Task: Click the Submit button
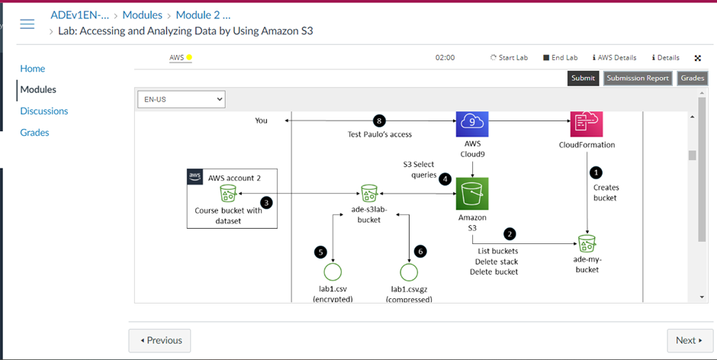(583, 78)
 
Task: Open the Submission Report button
(637, 78)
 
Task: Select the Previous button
(159, 340)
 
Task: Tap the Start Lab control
(509, 57)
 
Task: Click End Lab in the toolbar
(560, 57)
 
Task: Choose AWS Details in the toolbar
(614, 57)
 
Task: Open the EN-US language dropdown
(182, 99)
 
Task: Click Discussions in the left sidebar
(43, 111)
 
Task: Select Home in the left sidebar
(32, 68)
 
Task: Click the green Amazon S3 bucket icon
(472, 193)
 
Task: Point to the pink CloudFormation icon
(586, 122)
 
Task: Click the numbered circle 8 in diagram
(379, 121)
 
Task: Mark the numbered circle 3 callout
(266, 202)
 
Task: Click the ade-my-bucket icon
(587, 243)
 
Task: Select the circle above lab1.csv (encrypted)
(332, 272)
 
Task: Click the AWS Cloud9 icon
(471, 122)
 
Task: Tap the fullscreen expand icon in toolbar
(697, 57)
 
